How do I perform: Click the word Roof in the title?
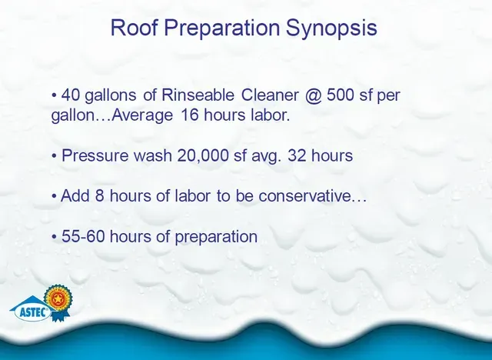pyautogui.click(x=134, y=27)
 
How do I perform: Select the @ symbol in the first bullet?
pyautogui.click(x=313, y=95)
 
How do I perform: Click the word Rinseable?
pyautogui.click(x=198, y=95)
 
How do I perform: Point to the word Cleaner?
pyautogui.click(x=270, y=95)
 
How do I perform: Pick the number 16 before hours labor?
pyautogui.click(x=190, y=115)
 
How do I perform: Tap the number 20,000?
pyautogui.click(x=203, y=155)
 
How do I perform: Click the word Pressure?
pyautogui.click(x=95, y=155)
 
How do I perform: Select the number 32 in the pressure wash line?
pyautogui.click(x=297, y=155)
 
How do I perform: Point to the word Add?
pyautogui.click(x=75, y=196)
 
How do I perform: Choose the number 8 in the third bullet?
pyautogui.click(x=100, y=196)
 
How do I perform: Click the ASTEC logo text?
pyautogui.click(x=34, y=312)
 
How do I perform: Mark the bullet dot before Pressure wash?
pyautogui.click(x=55, y=156)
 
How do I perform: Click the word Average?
pyautogui.click(x=141, y=115)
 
